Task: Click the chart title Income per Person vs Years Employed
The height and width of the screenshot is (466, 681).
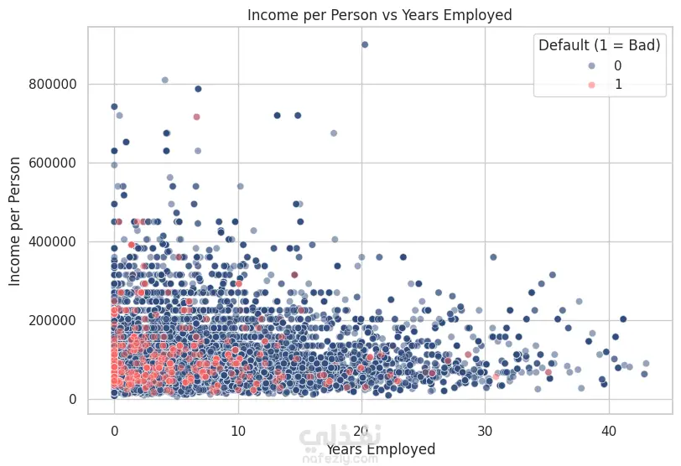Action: (x=380, y=14)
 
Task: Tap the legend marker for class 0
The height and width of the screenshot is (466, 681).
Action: (x=569, y=65)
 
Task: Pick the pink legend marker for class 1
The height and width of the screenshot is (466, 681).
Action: (x=569, y=85)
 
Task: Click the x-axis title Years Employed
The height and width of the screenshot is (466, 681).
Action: (x=380, y=450)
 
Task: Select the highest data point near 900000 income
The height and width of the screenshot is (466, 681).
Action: (x=364, y=44)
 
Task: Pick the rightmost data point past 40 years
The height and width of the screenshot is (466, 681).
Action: (x=646, y=364)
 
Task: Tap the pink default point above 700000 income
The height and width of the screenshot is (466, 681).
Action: (x=196, y=117)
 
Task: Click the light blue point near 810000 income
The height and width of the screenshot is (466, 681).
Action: (x=164, y=80)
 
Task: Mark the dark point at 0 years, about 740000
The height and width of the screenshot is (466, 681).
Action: (x=114, y=106)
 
